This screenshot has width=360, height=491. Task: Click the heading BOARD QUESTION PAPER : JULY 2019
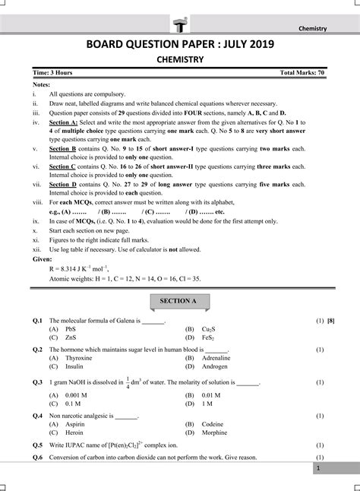click(x=179, y=46)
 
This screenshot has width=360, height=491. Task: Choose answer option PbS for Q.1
click(x=71, y=329)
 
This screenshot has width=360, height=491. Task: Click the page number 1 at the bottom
click(x=318, y=470)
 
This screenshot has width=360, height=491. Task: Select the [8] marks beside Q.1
click(x=331, y=322)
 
